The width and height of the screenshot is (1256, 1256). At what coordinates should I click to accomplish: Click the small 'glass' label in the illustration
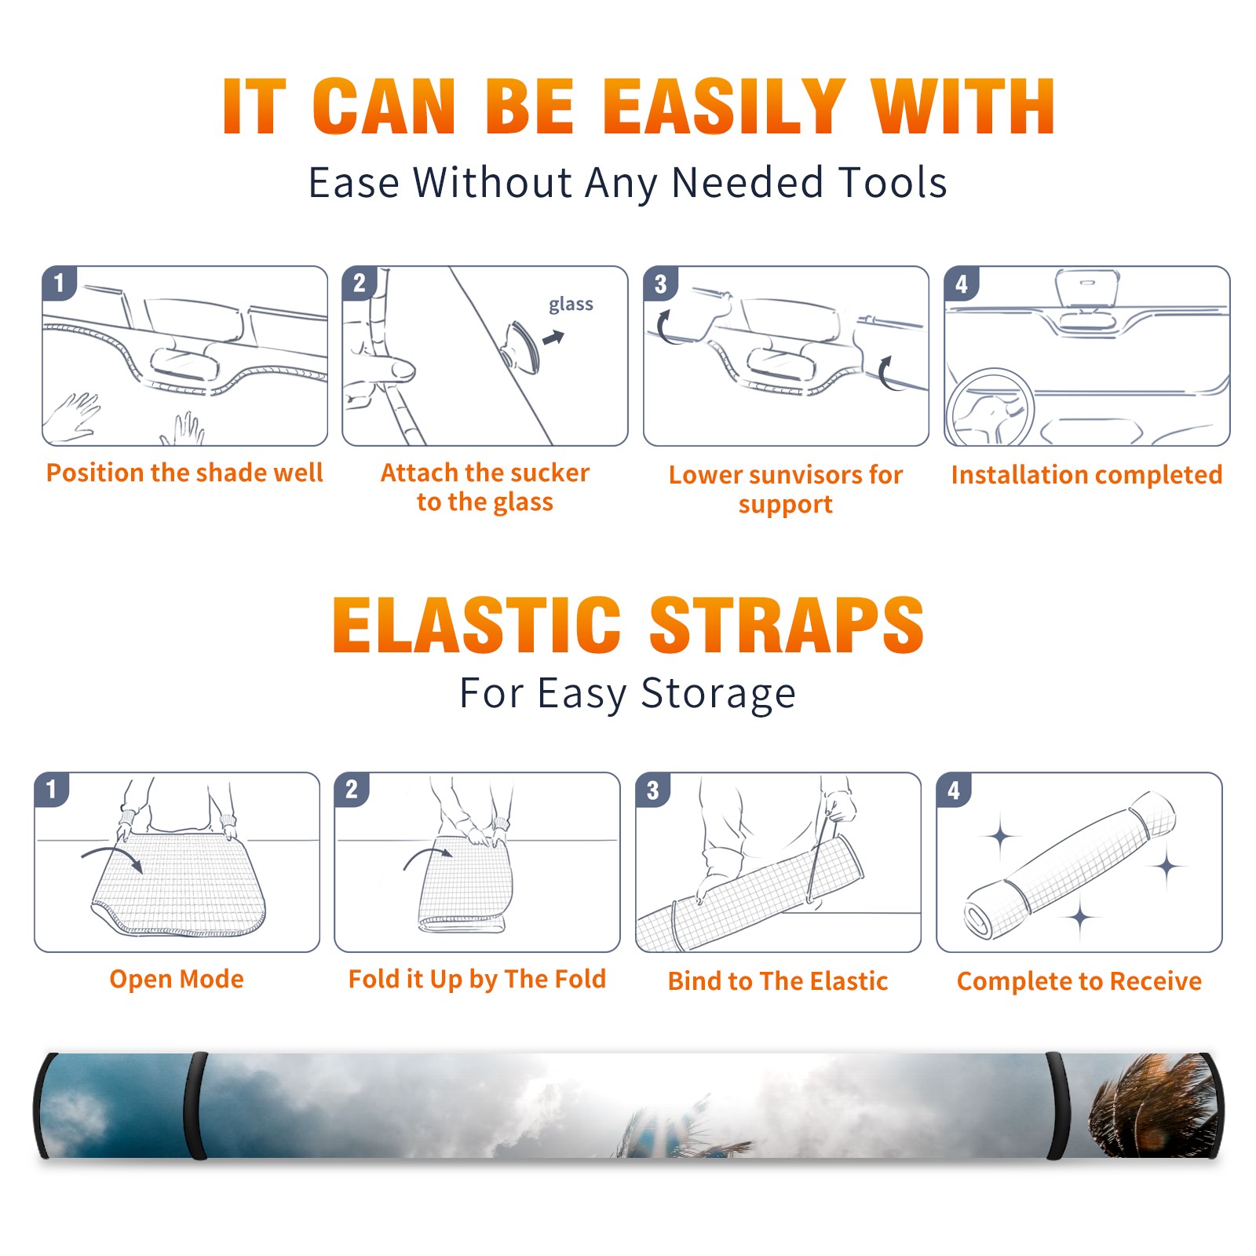tap(571, 304)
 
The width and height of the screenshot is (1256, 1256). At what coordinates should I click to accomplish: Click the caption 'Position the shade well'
tap(184, 473)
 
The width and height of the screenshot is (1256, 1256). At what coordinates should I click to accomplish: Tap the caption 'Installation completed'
tap(1086, 474)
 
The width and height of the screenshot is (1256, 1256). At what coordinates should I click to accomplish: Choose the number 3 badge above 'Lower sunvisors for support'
tap(660, 283)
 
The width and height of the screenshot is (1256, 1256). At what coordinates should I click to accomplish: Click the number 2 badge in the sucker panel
tap(360, 283)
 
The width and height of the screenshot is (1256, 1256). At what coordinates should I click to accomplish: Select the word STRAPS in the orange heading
tap(787, 625)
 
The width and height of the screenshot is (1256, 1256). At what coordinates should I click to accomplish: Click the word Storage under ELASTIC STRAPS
tap(718, 694)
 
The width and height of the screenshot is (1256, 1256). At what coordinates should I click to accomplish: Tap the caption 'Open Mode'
tap(177, 979)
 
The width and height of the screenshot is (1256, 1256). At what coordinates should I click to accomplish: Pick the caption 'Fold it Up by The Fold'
tap(477, 979)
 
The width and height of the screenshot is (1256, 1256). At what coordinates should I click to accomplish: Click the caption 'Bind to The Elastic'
tap(778, 981)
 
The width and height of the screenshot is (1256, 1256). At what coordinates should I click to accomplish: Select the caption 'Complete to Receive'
tap(1079, 981)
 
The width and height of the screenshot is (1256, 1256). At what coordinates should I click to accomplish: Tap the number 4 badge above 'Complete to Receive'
tap(954, 790)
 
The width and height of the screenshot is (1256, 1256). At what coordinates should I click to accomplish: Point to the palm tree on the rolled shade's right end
tap(1152, 1104)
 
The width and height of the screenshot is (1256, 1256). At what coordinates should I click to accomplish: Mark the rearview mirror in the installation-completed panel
tap(1086, 289)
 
